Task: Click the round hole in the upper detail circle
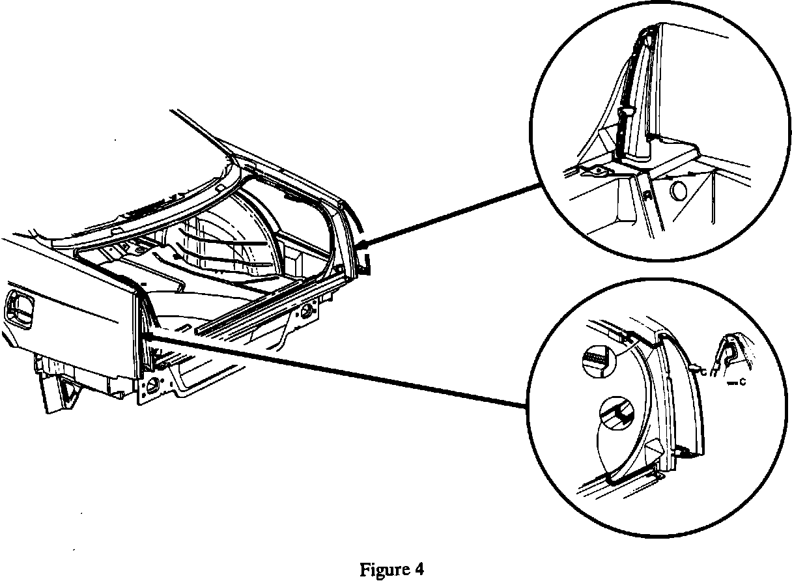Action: (677, 192)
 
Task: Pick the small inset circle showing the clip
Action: (616, 412)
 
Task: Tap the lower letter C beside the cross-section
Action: (742, 384)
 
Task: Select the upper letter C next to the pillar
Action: (698, 371)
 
